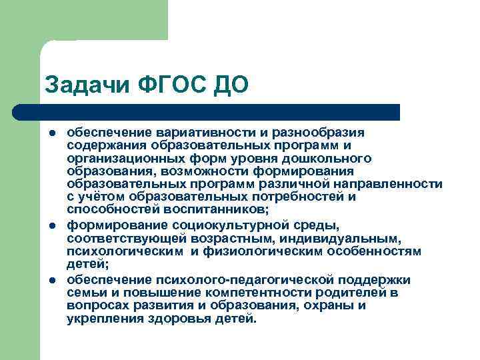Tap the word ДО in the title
(x=230, y=85)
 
